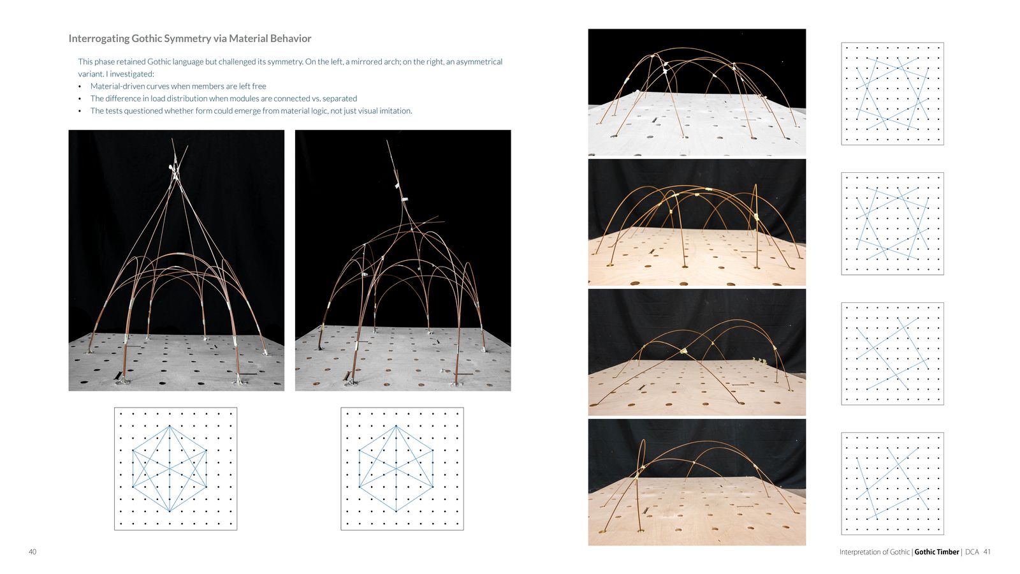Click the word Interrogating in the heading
[99, 39]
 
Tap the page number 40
[33, 552]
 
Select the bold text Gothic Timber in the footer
[936, 552]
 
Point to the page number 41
[987, 552]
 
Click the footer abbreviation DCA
[972, 552]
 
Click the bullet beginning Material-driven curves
[178, 86]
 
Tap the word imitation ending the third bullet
[396, 111]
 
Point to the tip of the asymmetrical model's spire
[387, 141]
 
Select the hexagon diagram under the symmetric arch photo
[176, 469]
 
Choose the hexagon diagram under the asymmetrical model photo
[402, 469]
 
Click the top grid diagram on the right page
[892, 94]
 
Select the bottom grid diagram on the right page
[892, 483]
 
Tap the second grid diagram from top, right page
[892, 224]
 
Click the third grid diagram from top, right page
[892, 353]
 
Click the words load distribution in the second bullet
[161, 98]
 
